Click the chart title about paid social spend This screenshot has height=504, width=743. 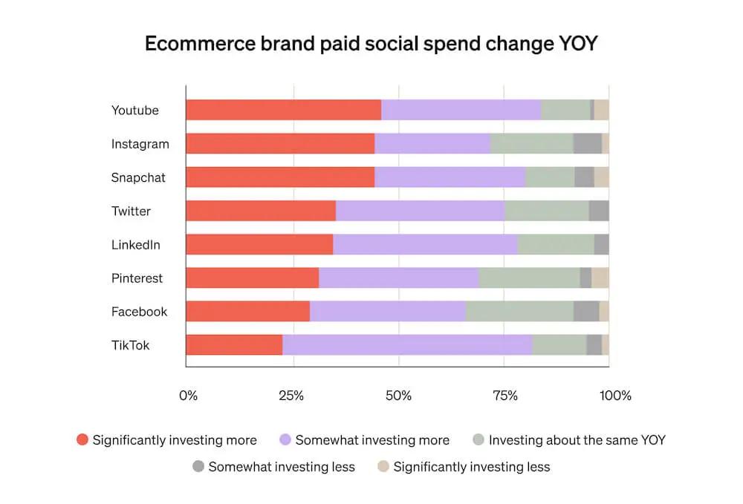[371, 44]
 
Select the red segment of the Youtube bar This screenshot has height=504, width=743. [283, 110]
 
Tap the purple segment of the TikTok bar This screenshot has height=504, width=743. [407, 345]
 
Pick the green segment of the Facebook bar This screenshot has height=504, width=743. [519, 312]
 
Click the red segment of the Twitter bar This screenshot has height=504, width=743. [261, 211]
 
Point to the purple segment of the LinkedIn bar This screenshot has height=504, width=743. [425, 244]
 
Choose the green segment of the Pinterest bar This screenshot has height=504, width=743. [529, 278]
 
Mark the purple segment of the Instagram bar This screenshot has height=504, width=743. [432, 144]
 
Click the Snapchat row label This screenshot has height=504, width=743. [138, 177]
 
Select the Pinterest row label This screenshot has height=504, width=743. [137, 278]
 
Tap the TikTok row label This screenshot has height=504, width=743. [130, 345]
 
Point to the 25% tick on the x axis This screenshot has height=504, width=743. [291, 396]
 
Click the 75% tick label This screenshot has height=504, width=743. [505, 396]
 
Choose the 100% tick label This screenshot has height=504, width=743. [615, 396]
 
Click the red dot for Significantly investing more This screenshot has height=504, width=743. [82, 440]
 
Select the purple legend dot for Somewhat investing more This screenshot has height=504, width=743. [285, 440]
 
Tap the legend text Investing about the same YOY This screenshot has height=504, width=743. [577, 440]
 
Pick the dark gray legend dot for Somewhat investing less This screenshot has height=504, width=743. [198, 467]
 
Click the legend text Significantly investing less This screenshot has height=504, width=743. [472, 467]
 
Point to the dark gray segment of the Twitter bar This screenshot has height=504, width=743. [599, 211]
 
